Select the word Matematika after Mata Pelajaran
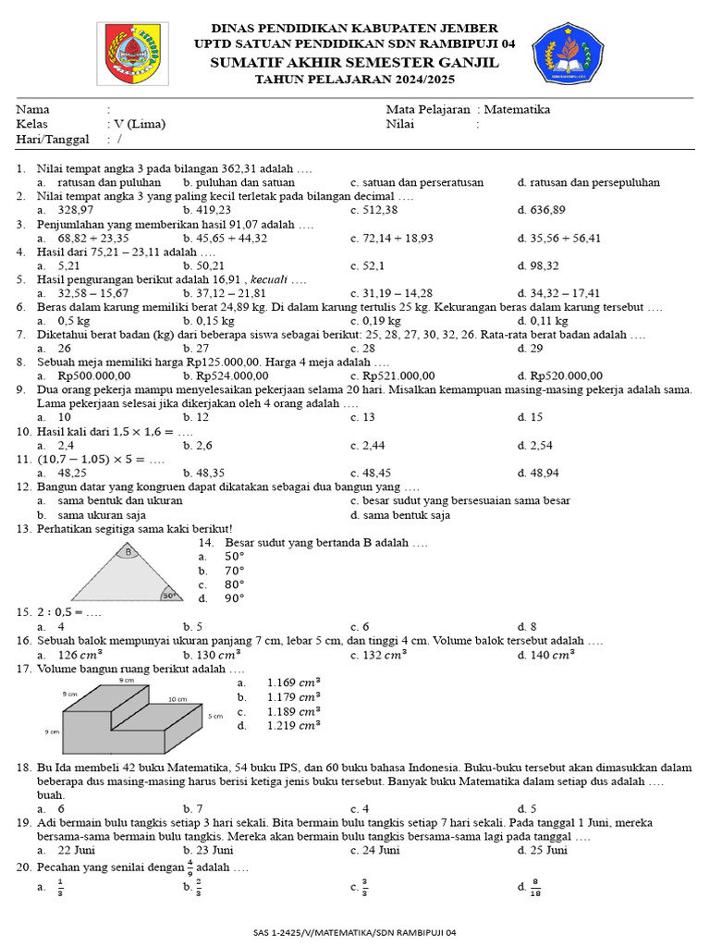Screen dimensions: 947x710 click(520, 109)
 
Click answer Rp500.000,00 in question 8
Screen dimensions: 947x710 click(94, 375)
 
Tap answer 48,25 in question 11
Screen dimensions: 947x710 click(72, 473)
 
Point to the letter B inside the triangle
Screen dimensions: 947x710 click(129, 552)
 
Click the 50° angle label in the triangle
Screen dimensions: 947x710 click(169, 596)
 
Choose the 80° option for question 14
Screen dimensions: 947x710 click(235, 584)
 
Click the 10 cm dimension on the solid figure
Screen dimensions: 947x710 click(177, 700)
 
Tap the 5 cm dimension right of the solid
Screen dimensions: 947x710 click(215, 716)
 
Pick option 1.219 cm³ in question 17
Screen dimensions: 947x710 click(293, 726)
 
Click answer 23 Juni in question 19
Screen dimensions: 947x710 click(214, 850)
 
